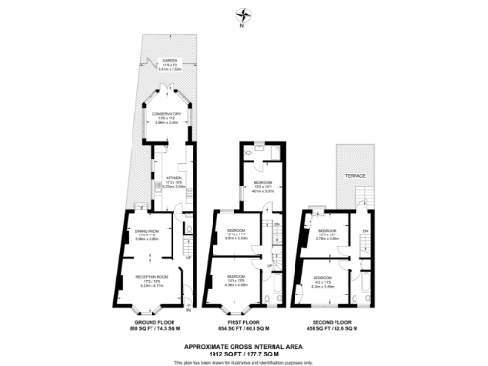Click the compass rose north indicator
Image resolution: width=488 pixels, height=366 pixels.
click(x=244, y=16)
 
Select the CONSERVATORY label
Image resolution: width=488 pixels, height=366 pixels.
click(x=168, y=116)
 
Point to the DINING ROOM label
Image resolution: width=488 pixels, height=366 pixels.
click(x=146, y=232)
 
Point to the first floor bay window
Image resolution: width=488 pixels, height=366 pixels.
click(x=234, y=307)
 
